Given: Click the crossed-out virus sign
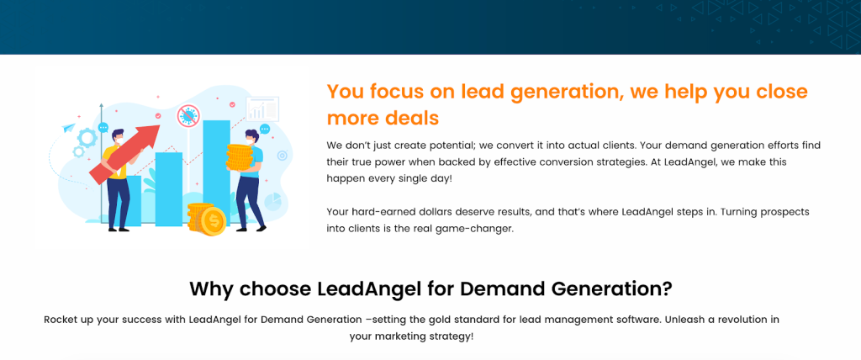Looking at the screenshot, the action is (189, 117).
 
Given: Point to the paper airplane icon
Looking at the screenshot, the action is (69, 128).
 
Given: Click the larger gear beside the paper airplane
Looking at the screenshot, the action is (87, 136).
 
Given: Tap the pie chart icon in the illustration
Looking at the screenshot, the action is (272, 202).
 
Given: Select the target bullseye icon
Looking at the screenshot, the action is (283, 156).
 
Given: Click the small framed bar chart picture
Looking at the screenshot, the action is (262, 109).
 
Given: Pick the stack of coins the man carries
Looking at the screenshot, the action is (239, 156).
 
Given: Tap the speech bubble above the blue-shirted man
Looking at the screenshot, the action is (265, 130).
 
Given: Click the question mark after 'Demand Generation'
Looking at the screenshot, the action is (666, 289).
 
